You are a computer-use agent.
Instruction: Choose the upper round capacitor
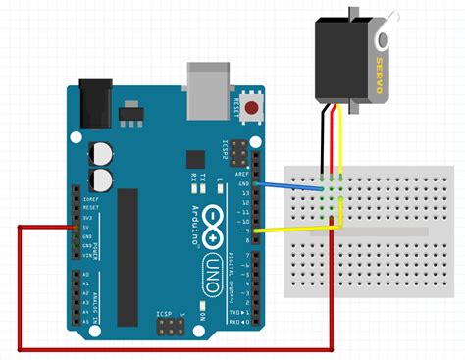[100, 153]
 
